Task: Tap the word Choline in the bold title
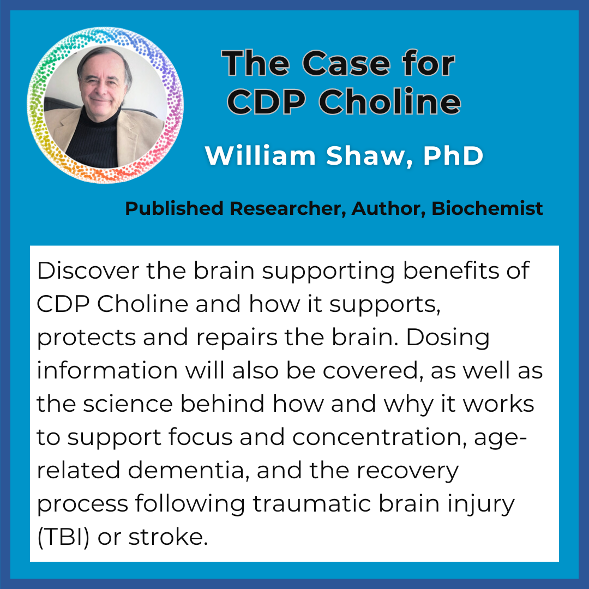click(390, 101)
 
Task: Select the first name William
click(260, 155)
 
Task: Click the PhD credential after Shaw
click(453, 155)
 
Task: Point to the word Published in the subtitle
click(174, 208)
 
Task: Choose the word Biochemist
click(487, 208)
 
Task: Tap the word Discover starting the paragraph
click(88, 271)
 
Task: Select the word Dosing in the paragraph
click(447, 338)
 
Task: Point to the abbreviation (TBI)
click(63, 538)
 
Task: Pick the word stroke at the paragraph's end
click(168, 537)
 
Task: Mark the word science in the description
click(128, 404)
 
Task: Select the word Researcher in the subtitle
click(288, 208)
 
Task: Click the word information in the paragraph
click(107, 371)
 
